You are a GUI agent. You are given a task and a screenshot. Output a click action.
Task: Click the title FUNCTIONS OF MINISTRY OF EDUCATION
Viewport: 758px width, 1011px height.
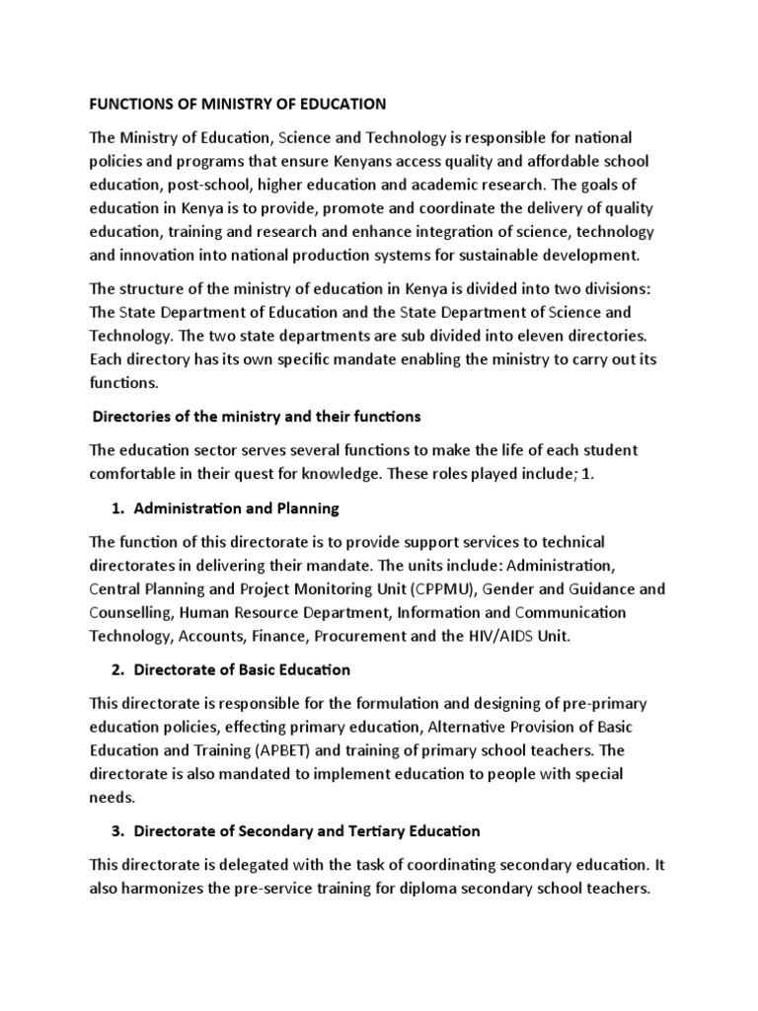coord(238,103)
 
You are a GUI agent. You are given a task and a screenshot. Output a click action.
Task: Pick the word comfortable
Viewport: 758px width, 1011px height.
coord(139,473)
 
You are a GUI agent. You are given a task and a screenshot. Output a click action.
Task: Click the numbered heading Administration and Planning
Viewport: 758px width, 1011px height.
coord(236,508)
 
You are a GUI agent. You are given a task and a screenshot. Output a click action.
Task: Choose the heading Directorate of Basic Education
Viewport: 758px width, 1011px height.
coord(242,669)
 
